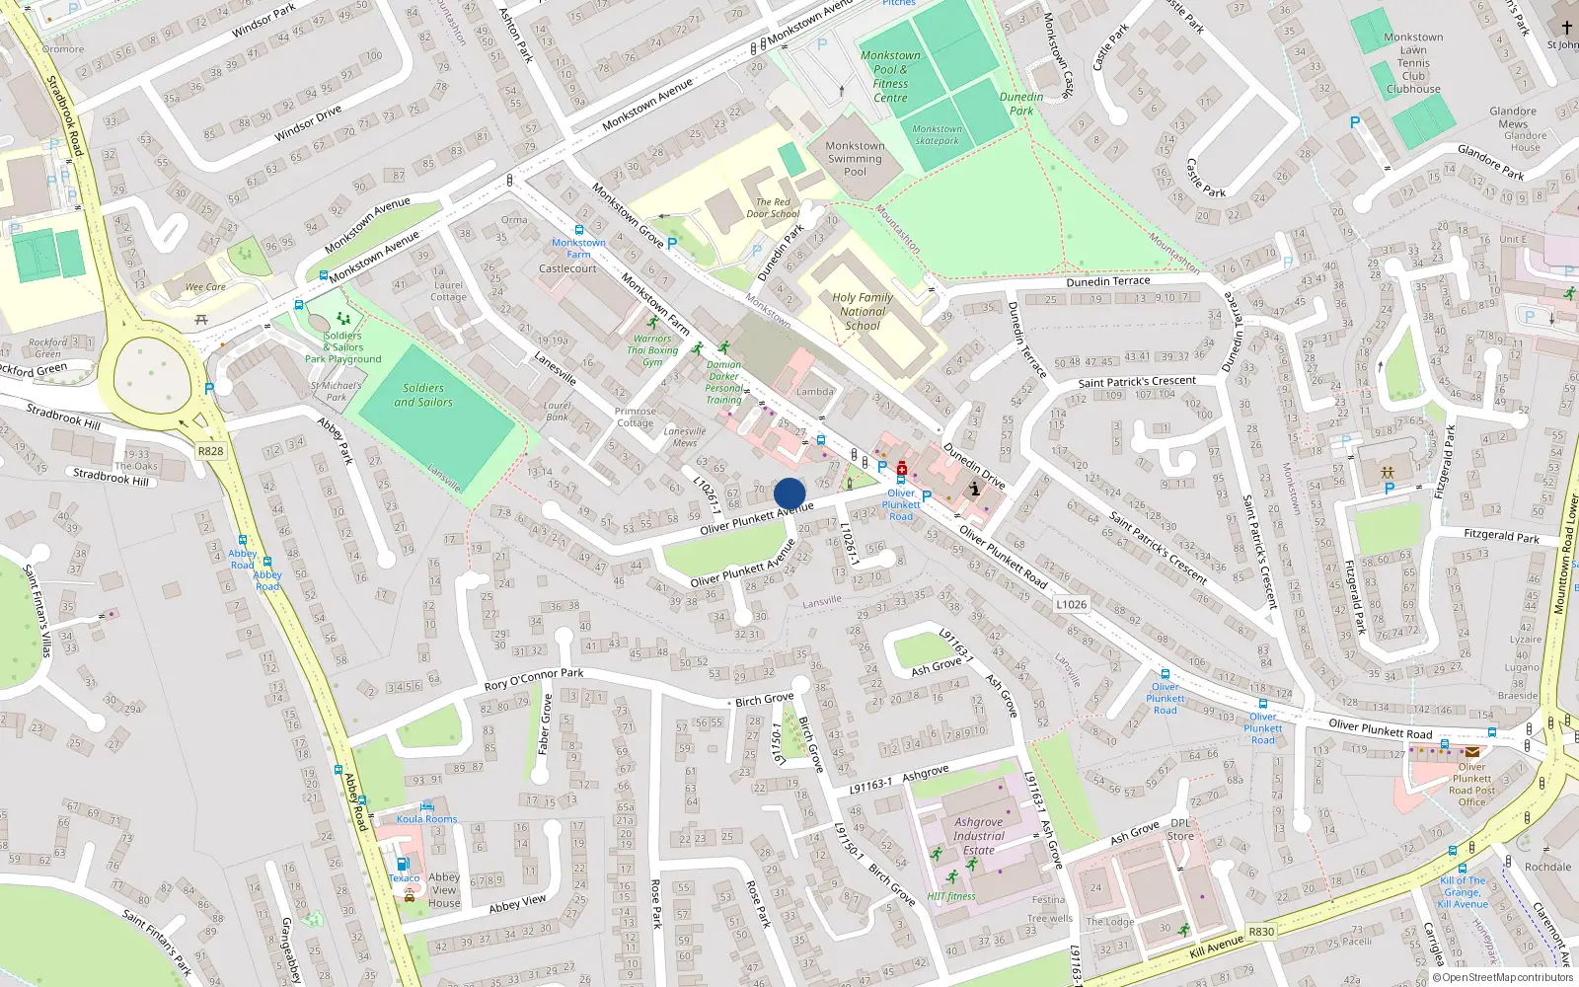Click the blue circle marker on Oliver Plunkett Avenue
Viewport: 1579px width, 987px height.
789,493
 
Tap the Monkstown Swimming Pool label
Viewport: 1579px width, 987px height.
855,158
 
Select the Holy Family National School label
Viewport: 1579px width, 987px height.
862,311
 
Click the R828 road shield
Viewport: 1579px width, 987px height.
210,451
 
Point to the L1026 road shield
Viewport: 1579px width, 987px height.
1071,604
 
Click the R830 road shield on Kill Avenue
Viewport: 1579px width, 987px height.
1261,931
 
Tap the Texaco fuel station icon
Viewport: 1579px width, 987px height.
403,864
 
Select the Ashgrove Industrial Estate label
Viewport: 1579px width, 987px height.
978,835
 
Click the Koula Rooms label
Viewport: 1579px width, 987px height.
426,818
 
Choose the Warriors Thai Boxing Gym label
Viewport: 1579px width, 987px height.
654,350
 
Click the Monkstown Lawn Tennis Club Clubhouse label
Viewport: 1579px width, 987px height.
1413,63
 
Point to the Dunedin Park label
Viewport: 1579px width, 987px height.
1021,104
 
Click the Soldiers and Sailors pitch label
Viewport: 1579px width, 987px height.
423,395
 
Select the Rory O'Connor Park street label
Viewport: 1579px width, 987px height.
533,679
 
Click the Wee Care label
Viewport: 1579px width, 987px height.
205,287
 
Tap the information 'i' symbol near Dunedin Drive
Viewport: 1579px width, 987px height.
974,489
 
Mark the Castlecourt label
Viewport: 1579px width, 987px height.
567,268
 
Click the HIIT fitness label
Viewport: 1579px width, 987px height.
950,896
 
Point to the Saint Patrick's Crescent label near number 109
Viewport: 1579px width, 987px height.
1137,381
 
